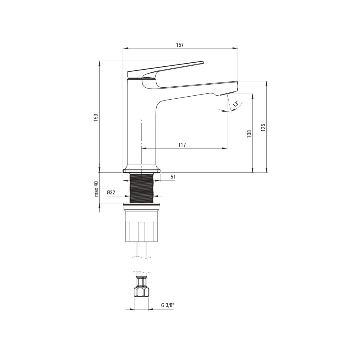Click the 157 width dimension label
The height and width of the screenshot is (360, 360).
pyautogui.click(x=180, y=45)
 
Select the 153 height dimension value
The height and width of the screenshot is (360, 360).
pyautogui.click(x=96, y=118)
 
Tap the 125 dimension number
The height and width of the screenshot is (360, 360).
pyautogui.click(x=263, y=127)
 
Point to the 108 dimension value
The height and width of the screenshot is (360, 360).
pyautogui.click(x=249, y=134)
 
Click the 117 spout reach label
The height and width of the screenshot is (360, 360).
pyautogui.click(x=182, y=145)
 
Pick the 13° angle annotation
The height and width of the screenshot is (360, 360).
pyautogui.click(x=236, y=104)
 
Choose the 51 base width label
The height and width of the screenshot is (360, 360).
pyautogui.click(x=173, y=177)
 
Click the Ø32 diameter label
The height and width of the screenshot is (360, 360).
pyautogui.click(x=111, y=193)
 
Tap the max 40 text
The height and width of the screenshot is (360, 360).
pyautogui.click(x=96, y=189)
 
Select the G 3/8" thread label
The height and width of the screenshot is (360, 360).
pyautogui.click(x=168, y=305)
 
